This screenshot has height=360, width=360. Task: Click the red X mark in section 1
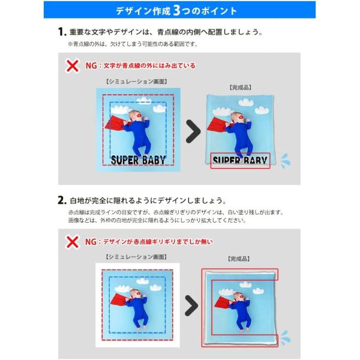point(73,65)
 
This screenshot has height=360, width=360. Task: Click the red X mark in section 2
point(73,242)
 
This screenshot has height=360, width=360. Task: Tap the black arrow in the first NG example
point(192,131)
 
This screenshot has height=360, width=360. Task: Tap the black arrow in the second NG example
point(191,305)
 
